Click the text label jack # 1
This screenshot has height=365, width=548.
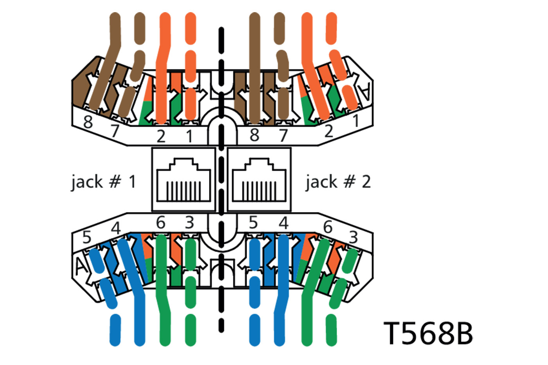[x=103, y=182]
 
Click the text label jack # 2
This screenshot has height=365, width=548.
[x=338, y=182]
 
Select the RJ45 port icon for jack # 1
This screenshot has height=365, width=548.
[x=183, y=180]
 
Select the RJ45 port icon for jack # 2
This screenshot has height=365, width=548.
[x=259, y=180]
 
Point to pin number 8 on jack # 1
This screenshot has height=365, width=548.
[x=88, y=122]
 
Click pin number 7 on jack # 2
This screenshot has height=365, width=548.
[x=283, y=135]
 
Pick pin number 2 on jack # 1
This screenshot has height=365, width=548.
[x=161, y=136]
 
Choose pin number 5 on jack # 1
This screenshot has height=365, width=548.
[x=87, y=237]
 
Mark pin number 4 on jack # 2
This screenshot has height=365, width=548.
[x=283, y=223]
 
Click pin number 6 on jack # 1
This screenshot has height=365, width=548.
[x=161, y=223]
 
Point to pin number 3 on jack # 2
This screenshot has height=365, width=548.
[x=353, y=237]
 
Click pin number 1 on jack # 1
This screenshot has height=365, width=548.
[x=189, y=136]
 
